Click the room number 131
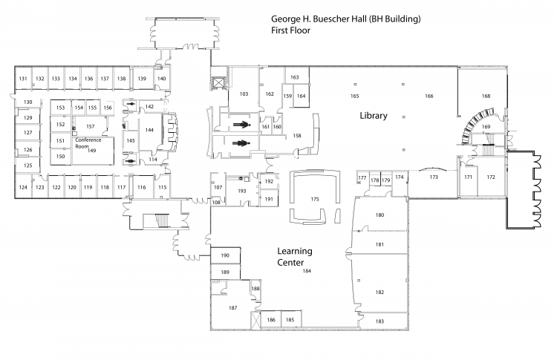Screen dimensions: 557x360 click(x=23, y=79)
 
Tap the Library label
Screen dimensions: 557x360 click(x=374, y=116)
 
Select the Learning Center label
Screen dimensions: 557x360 click(x=295, y=257)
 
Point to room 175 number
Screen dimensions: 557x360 click(x=315, y=199)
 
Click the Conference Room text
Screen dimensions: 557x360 click(x=88, y=143)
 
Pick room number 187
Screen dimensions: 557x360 click(x=232, y=308)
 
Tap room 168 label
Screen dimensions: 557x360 click(x=486, y=96)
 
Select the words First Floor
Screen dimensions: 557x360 click(x=290, y=30)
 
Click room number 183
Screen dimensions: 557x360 click(x=380, y=321)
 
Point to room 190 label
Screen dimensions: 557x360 click(x=225, y=255)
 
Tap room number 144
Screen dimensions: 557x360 click(x=149, y=130)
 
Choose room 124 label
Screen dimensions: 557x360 click(x=23, y=187)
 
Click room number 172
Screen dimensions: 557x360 click(x=491, y=177)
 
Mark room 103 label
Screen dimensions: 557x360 click(x=244, y=94)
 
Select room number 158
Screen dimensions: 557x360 click(x=297, y=136)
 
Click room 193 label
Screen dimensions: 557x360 click(x=242, y=191)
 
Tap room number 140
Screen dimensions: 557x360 click(x=162, y=79)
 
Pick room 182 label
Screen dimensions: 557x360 click(x=380, y=292)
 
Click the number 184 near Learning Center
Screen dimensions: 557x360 click(x=307, y=271)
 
